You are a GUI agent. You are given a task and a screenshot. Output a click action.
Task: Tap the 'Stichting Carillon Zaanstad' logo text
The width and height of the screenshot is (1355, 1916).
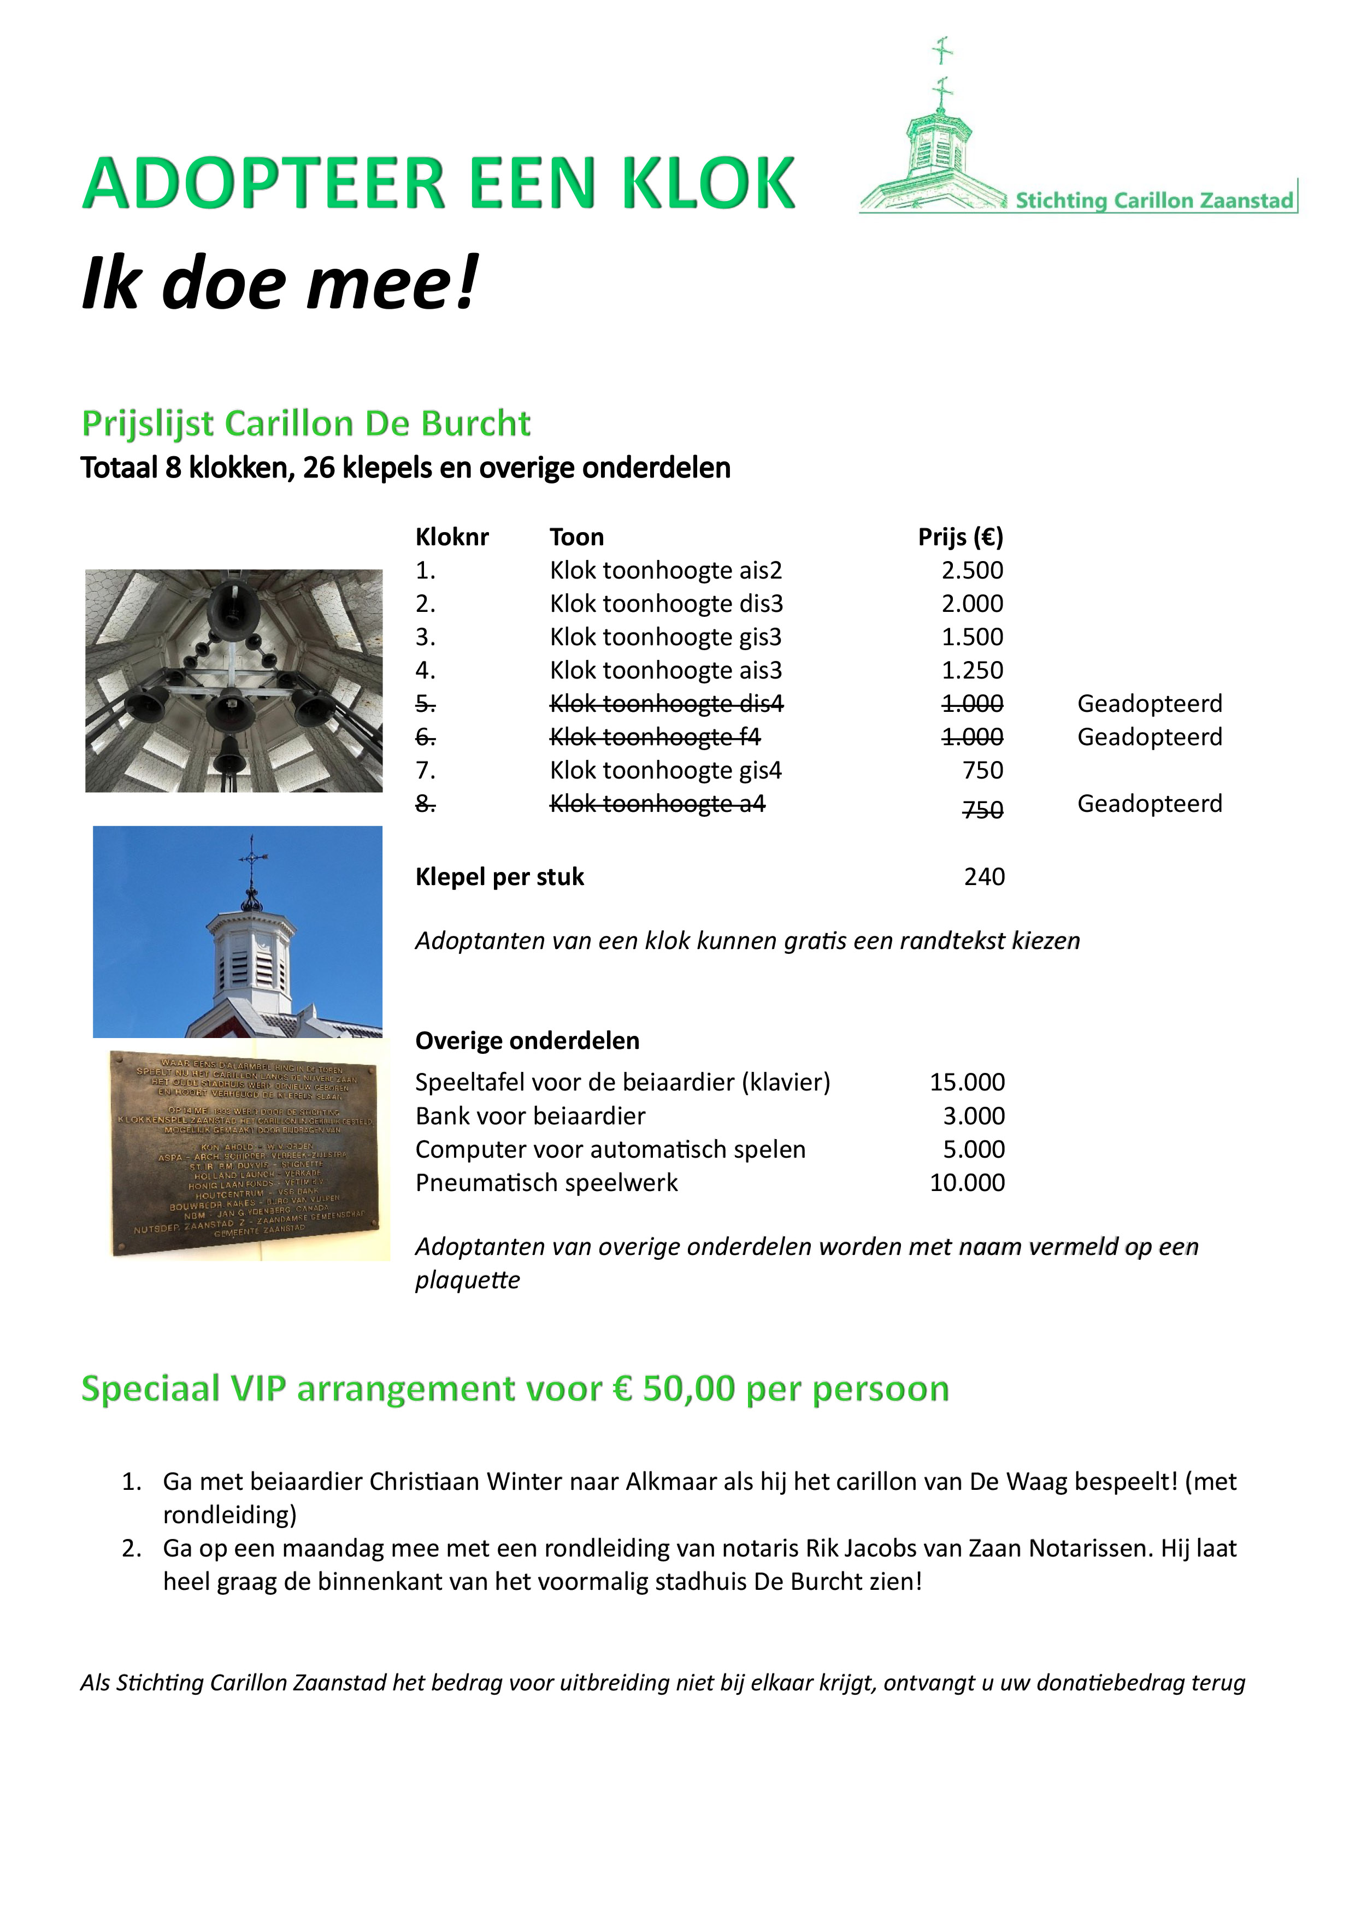coord(1154,201)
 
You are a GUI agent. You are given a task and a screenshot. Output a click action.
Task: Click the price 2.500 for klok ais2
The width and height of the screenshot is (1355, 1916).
coord(972,571)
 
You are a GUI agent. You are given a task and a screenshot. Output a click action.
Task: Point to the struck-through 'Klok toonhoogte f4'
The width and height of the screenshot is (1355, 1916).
coord(655,738)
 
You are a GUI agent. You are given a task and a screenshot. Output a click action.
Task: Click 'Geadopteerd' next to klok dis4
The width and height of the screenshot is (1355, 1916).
coord(1149,704)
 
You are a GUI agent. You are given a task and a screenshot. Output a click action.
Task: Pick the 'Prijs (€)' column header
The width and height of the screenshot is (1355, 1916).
coord(961,538)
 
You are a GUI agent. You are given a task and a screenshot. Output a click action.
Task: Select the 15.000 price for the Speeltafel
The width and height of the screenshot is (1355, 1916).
coord(967,1082)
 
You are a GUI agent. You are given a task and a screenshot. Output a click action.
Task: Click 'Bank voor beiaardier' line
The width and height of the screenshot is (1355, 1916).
coord(530,1117)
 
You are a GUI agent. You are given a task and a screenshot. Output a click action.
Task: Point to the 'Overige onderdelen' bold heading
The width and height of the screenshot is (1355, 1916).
coord(527,1041)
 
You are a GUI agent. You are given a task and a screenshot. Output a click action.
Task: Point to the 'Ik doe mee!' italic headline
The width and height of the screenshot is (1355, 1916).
coord(280,284)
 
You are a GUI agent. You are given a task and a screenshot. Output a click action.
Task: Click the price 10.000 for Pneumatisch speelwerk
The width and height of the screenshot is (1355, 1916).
coord(967,1183)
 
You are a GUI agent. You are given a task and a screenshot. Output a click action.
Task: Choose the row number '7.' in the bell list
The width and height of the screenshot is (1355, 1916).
coord(426,771)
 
